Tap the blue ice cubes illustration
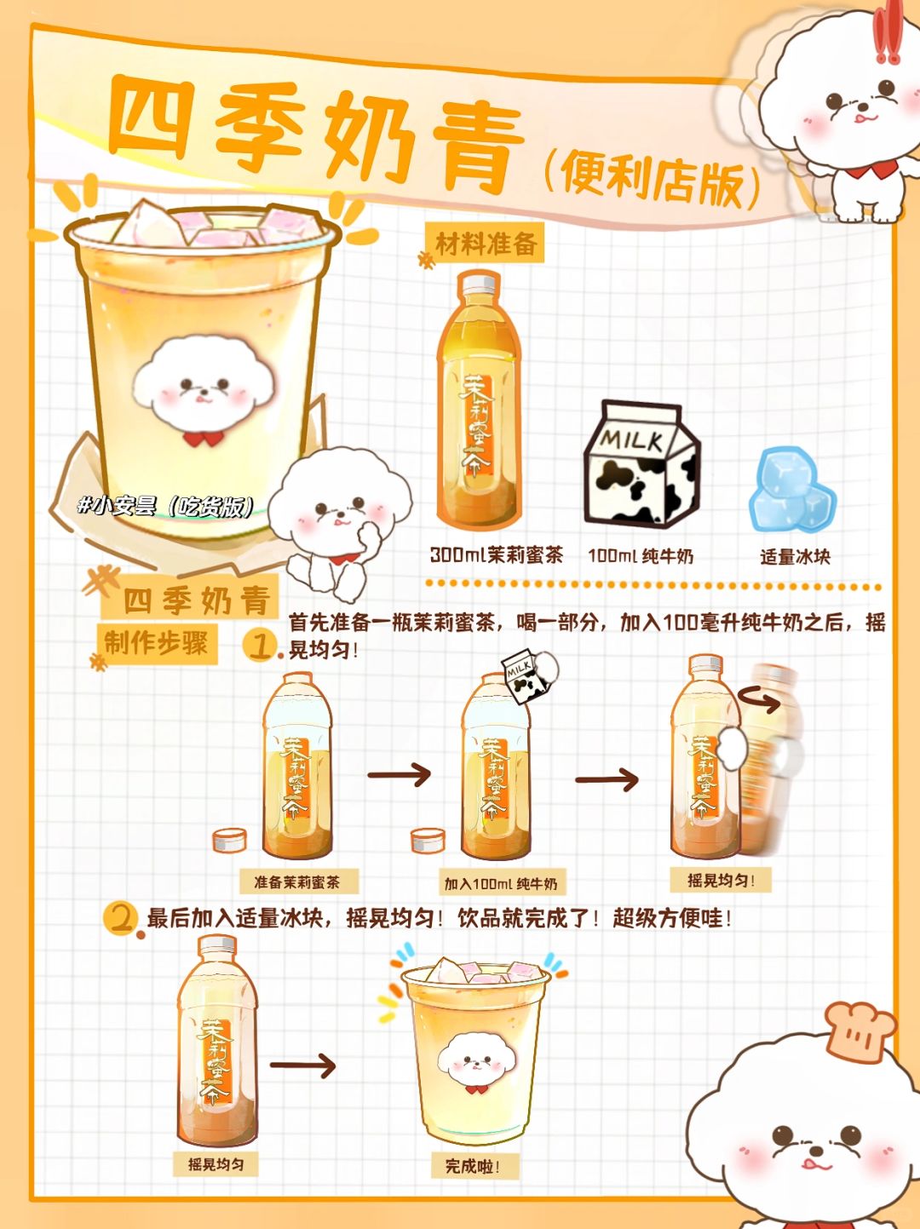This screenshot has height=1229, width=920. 791,489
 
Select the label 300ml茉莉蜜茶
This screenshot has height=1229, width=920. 497,555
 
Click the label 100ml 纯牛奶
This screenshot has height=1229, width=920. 641,556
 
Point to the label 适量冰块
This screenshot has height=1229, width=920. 795,557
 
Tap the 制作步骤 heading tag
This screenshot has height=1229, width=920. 157,643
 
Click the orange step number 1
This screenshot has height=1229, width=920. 260,646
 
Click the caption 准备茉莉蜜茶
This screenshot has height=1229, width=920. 297,882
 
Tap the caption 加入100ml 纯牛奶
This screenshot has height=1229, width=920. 501,883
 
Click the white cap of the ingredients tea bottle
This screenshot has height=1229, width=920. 478,284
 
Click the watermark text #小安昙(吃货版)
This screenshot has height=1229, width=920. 166,506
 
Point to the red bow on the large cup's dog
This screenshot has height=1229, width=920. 203,438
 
